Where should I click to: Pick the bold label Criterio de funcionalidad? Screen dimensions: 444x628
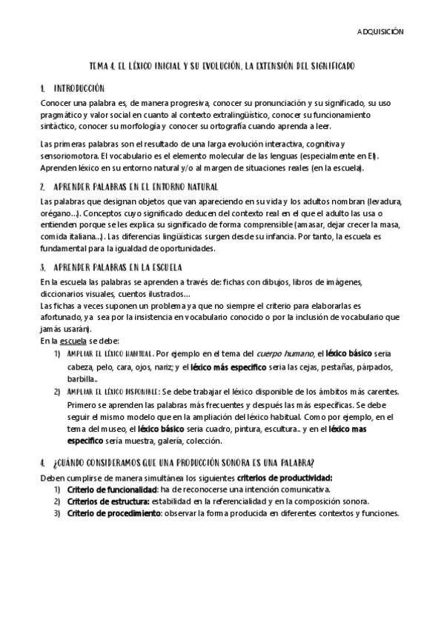click(x=111, y=490)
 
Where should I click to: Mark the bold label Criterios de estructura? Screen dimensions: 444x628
click(x=107, y=502)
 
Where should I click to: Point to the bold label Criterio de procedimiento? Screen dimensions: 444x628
click(x=114, y=514)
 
